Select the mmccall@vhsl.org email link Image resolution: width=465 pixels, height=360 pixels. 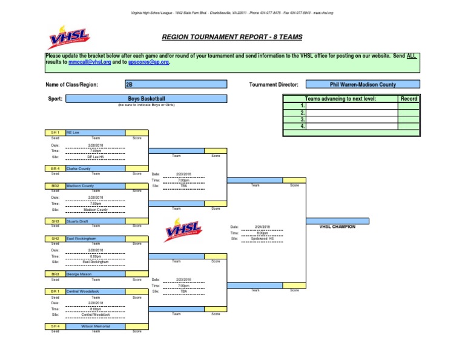[90, 62]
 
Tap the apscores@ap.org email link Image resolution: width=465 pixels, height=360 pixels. [149, 62]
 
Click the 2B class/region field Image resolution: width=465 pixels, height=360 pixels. [176, 84]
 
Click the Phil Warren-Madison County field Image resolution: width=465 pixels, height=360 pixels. [363, 85]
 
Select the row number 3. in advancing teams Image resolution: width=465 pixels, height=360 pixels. [302, 119]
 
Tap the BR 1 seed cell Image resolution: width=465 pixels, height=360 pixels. [55, 291]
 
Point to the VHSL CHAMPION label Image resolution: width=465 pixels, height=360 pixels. [338, 227]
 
